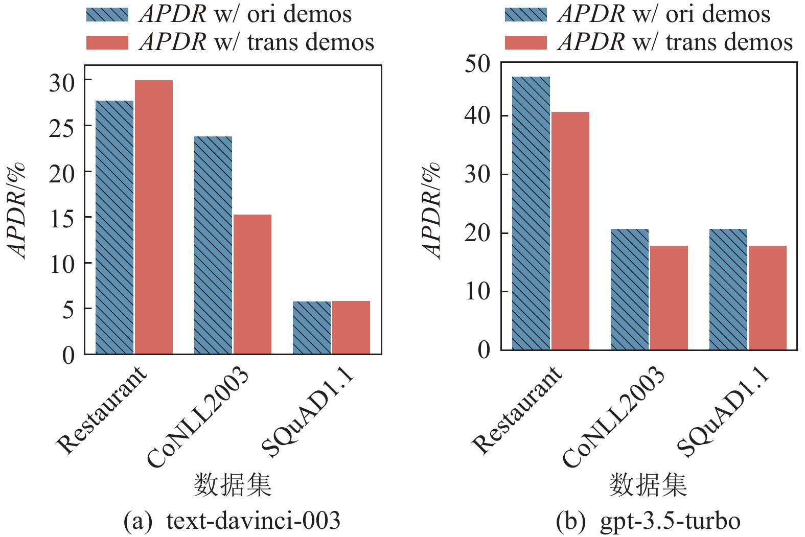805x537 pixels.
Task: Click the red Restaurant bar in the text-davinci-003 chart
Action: point(154,217)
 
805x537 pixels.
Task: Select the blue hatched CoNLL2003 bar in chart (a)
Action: point(213,245)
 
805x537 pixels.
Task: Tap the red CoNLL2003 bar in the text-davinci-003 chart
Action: point(252,284)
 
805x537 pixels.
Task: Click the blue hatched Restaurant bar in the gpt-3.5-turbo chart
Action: point(531,213)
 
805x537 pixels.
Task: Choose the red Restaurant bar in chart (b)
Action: point(570,230)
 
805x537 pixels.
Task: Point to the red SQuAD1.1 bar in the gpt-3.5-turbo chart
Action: point(768,297)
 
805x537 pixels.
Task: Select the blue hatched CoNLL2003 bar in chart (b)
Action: point(630,289)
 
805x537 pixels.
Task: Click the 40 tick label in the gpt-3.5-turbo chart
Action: point(477,116)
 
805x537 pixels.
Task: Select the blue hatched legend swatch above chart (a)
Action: point(107,14)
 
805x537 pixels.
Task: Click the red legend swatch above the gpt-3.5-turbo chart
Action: point(525,42)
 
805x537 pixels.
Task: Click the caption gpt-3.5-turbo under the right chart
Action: point(670,521)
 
